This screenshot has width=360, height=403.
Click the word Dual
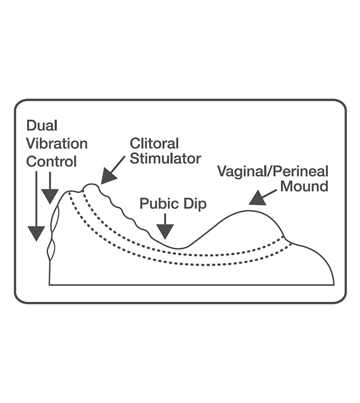point(42,126)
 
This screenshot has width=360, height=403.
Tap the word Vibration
point(57,144)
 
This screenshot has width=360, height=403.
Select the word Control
point(52,161)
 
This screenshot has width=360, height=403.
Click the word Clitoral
point(154,144)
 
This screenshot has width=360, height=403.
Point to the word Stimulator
point(165,159)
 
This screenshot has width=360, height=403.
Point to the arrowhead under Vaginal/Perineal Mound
point(257,199)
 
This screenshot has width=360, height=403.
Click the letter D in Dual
point(31,126)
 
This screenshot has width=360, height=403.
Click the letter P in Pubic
point(144,203)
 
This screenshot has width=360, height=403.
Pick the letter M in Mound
point(294,187)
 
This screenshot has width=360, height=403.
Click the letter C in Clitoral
point(135,144)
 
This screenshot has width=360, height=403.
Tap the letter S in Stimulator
point(134,159)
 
